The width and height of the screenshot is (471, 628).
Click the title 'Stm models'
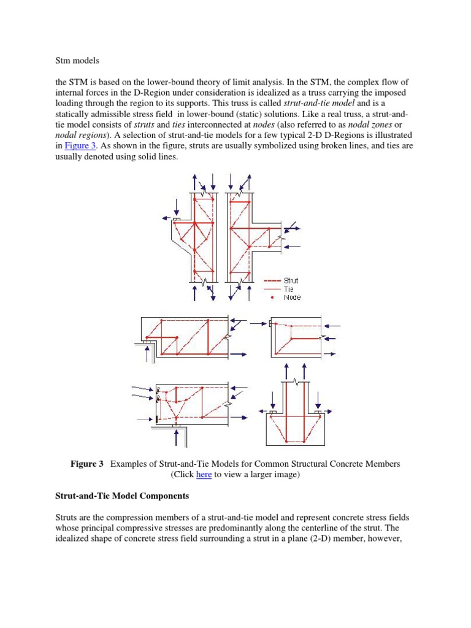click(77, 61)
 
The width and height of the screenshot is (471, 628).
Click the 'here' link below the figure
click(204, 475)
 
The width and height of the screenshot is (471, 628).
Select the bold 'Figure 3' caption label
click(87, 464)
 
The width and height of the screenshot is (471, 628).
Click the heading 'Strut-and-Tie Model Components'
click(122, 496)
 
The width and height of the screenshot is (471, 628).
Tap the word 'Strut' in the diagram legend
click(291, 281)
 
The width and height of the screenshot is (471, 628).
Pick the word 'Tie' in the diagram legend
click(289, 289)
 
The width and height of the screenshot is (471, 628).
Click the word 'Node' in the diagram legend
click(292, 297)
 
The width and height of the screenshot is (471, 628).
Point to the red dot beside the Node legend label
click(271, 297)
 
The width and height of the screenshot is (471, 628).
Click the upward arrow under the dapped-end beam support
click(147, 353)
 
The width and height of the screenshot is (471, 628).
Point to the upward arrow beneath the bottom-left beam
click(177, 436)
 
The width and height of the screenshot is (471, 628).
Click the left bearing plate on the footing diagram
click(273, 413)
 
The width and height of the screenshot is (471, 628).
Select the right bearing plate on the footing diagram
click(318, 413)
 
